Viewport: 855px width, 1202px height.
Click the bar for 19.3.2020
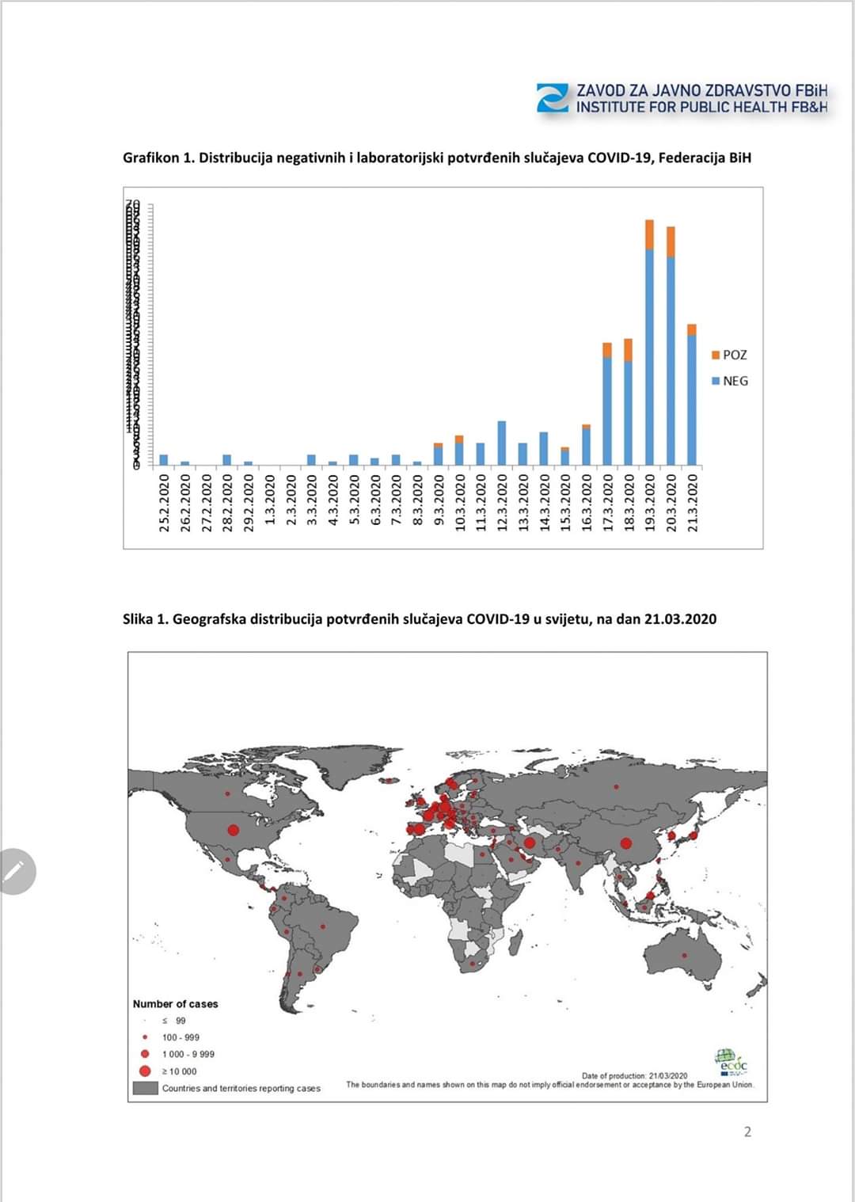(x=649, y=348)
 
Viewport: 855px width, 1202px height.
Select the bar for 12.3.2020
(x=501, y=443)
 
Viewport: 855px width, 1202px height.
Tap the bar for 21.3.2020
(x=691, y=396)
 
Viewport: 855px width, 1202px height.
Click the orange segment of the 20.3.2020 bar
(x=671, y=242)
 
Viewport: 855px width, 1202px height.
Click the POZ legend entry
(x=729, y=355)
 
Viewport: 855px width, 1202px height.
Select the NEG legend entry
(x=729, y=381)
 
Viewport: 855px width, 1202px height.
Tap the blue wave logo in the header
(x=553, y=98)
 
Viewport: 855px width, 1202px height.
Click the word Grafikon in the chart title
(x=150, y=158)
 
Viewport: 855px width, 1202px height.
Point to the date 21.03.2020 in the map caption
(x=680, y=618)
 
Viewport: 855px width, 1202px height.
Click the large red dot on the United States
(x=234, y=830)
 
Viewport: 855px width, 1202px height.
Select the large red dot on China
(x=625, y=843)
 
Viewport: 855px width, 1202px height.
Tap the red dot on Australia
(x=684, y=956)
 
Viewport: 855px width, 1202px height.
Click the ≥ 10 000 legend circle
(x=145, y=1071)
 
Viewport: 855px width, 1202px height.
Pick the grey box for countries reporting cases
(x=146, y=1088)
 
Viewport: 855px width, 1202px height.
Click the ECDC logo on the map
(x=731, y=1061)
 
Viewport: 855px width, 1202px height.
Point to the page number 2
(x=747, y=1132)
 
